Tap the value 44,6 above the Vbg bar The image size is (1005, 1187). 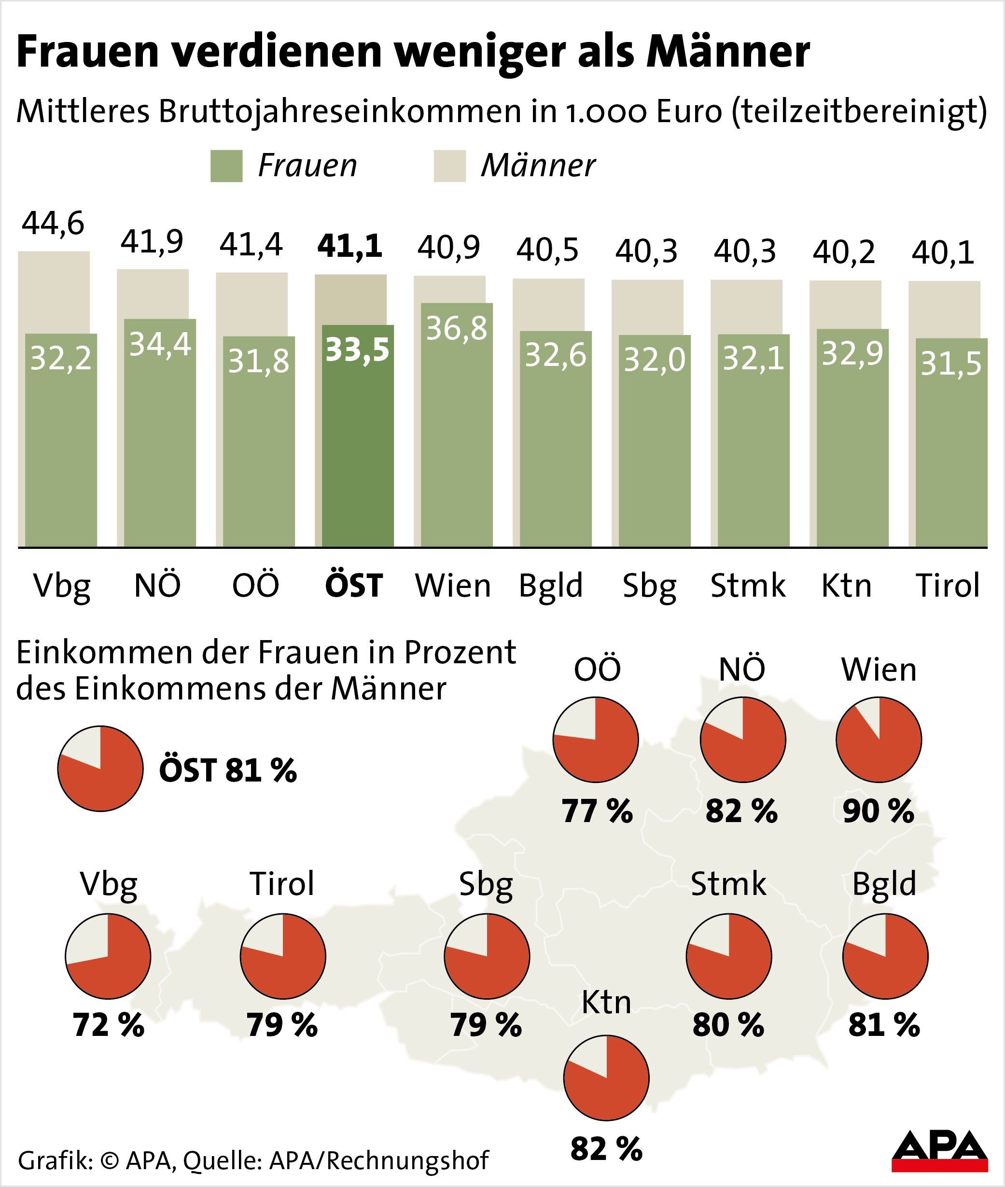[x=53, y=223]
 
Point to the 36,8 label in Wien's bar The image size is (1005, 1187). [x=457, y=329]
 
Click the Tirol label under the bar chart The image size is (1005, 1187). [x=948, y=586]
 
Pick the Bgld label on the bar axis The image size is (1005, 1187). [x=550, y=586]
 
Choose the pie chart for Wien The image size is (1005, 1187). [x=879, y=740]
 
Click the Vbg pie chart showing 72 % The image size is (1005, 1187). [x=108, y=956]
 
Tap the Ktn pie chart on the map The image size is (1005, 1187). [x=606, y=1077]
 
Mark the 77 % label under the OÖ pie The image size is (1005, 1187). [x=597, y=811]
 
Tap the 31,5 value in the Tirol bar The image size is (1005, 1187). [x=951, y=364]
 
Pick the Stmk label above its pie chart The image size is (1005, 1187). [x=728, y=884]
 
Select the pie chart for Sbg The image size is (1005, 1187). [x=487, y=956]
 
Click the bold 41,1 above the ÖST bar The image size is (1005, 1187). [x=350, y=247]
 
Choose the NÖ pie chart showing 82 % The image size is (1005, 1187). [x=743, y=740]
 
